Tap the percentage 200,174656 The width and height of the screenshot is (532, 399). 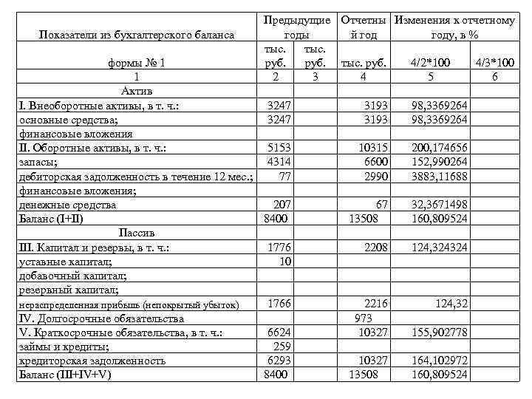[440, 148]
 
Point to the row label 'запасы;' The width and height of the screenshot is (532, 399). [36, 162]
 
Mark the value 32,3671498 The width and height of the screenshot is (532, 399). [440, 205]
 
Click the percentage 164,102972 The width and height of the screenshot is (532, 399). [440, 361]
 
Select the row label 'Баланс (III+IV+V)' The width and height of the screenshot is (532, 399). [64, 375]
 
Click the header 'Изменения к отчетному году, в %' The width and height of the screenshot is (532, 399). [454, 27]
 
